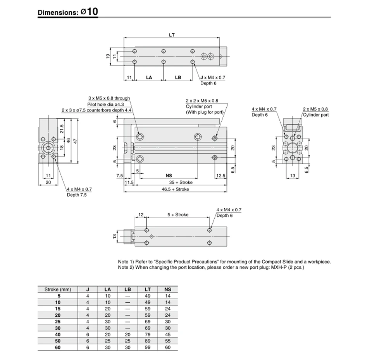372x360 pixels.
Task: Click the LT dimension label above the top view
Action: (x=172, y=35)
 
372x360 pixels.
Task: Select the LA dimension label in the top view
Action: (x=149, y=77)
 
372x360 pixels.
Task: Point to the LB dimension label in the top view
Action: (x=178, y=77)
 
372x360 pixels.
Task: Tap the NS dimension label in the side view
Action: (x=169, y=176)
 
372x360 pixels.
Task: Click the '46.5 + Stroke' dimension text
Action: (x=175, y=189)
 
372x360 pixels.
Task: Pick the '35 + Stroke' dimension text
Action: (x=181, y=182)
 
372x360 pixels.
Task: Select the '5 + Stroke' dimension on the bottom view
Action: (x=178, y=215)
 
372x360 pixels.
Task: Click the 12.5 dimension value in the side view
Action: (x=220, y=176)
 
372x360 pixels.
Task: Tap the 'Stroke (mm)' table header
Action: (x=58, y=290)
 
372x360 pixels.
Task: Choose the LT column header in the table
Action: (x=148, y=290)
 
